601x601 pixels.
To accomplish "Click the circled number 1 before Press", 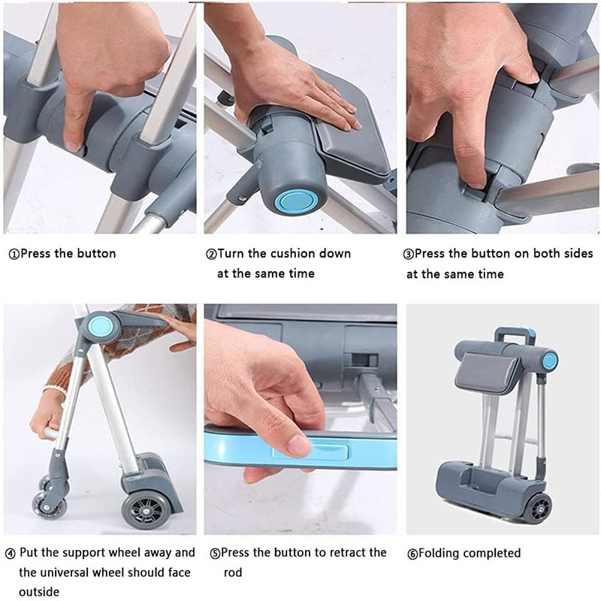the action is [x=14, y=255].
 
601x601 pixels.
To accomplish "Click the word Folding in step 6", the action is [x=439, y=553].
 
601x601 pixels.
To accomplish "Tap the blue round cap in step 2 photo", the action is [x=295, y=201].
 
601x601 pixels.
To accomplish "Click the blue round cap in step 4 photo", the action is [x=101, y=326].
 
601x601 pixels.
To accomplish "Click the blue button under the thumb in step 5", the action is [x=310, y=452].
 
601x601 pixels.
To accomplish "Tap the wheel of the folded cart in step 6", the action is [x=538, y=509].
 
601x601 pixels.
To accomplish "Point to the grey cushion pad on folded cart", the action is [x=485, y=371].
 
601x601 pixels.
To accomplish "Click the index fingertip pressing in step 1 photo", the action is [x=74, y=143].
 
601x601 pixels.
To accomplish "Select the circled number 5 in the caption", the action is [x=216, y=554].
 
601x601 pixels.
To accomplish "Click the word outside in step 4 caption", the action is [x=39, y=591].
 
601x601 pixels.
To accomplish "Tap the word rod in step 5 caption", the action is [x=233, y=572].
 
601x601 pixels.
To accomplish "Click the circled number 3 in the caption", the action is [x=409, y=255].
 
